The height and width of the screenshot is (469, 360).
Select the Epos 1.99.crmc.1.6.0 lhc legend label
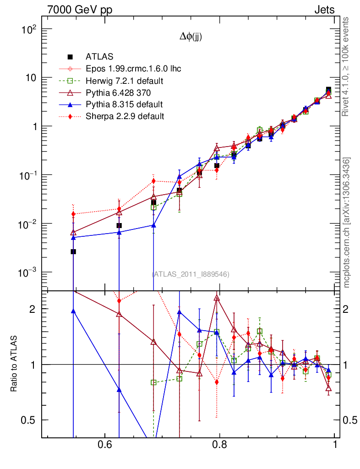[133, 69]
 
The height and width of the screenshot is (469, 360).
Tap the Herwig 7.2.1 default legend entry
[125, 81]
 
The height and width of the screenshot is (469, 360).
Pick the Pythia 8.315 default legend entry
[124, 104]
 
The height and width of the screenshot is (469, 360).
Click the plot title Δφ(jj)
[191, 38]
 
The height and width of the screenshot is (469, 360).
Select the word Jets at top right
[324, 10]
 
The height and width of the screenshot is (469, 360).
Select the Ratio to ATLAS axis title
[14, 364]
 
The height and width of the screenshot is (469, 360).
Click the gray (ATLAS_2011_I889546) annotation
[191, 274]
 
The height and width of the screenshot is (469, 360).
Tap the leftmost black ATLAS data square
[73, 251]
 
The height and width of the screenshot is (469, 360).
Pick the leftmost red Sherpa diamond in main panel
[73, 214]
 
